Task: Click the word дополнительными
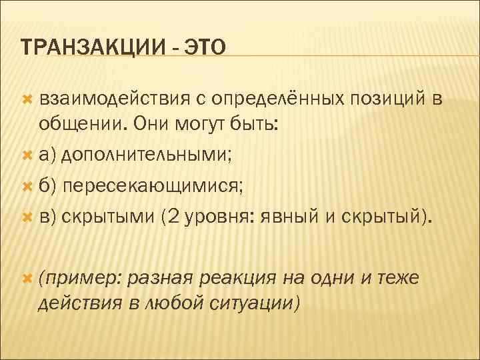click(x=148, y=155)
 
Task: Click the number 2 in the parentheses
click(x=173, y=217)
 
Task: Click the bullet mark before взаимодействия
click(x=27, y=99)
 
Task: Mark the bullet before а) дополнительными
click(x=27, y=156)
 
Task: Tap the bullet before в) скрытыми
click(x=27, y=217)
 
